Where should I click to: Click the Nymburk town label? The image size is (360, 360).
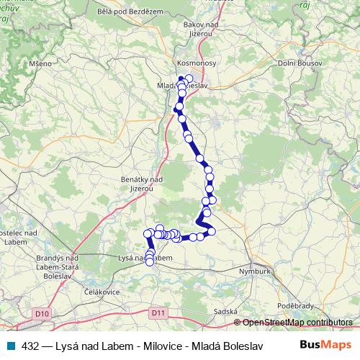[x=254, y=271]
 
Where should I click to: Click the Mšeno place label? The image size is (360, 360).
[x=41, y=63]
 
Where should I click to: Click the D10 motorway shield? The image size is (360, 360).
[x=42, y=313]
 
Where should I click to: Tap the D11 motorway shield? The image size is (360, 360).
[x=159, y=312]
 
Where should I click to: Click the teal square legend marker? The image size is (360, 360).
[x=9, y=346]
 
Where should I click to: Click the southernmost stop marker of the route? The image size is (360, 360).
[x=150, y=262]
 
